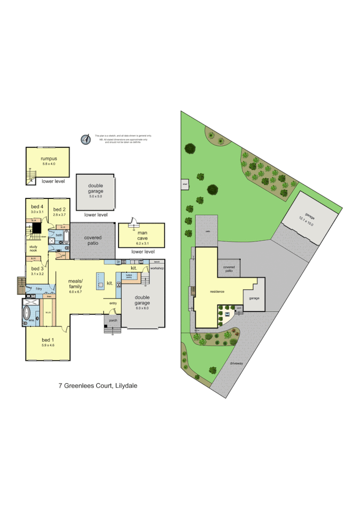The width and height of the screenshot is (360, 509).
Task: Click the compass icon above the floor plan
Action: (x=86, y=139)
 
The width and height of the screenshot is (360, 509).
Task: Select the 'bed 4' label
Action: (x=37, y=206)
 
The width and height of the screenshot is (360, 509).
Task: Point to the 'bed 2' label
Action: (x=59, y=209)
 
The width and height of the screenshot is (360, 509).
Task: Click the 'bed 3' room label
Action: (x=37, y=270)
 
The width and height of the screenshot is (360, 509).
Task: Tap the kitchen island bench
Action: (x=100, y=280)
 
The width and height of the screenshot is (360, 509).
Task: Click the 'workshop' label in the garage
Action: (x=157, y=268)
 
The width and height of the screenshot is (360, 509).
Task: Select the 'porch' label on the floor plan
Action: (x=113, y=320)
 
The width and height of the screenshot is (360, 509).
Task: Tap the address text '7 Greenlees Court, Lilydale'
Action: (x=98, y=386)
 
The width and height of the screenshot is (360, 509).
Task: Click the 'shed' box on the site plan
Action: (x=185, y=183)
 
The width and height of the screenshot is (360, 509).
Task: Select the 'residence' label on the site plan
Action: (x=218, y=291)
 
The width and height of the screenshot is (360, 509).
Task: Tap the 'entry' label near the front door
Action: (x=113, y=303)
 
